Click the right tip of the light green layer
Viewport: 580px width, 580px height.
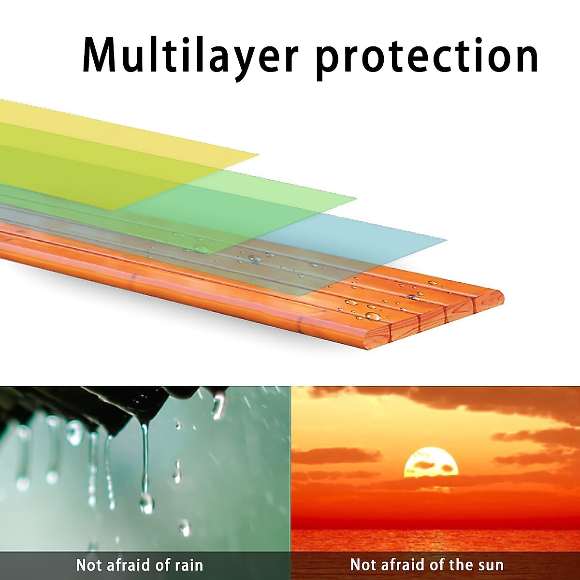point(356,199)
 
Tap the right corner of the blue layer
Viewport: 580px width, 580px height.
point(447,240)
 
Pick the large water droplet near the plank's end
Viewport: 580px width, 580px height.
point(373,316)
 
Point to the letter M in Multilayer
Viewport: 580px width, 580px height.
point(100,56)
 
